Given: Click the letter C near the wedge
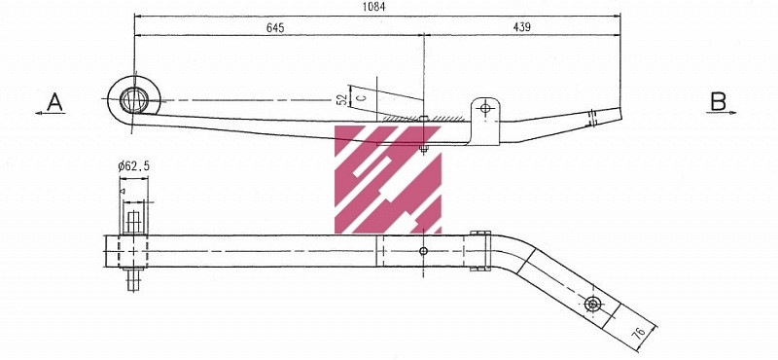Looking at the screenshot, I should [x=360, y=98].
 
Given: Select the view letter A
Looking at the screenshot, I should [x=55, y=101].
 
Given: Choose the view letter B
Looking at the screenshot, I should [x=718, y=101].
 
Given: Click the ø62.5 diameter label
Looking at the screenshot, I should [x=133, y=167].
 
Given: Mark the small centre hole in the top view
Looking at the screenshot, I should [x=422, y=251].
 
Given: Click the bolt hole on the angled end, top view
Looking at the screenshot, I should [x=592, y=305].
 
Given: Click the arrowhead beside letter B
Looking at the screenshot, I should [x=732, y=113].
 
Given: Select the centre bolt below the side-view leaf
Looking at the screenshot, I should [x=423, y=149].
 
